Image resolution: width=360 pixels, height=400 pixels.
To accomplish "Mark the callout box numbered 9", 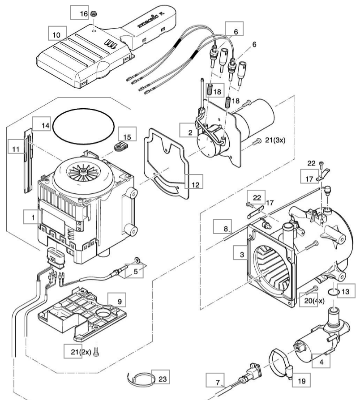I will [x=119, y=301].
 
